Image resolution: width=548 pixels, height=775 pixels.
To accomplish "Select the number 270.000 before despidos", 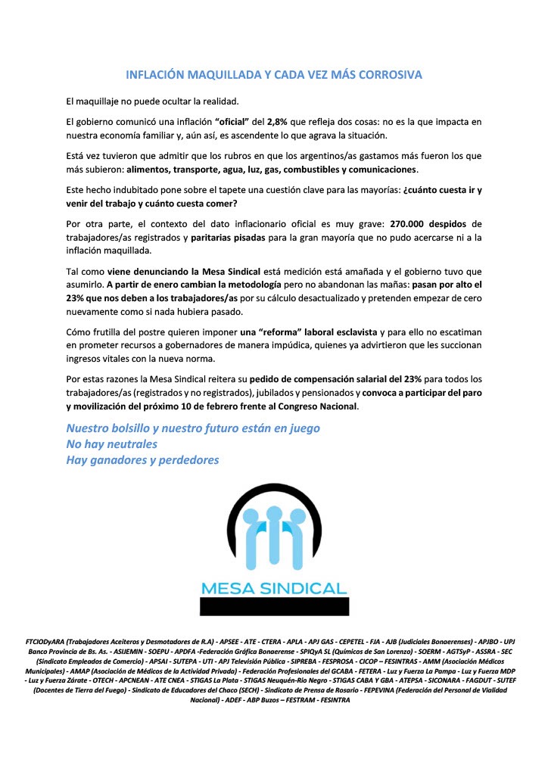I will [410, 225].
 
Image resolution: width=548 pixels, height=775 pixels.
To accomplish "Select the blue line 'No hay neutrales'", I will [112, 444].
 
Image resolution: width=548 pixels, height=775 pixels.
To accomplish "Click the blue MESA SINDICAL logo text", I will [274, 588].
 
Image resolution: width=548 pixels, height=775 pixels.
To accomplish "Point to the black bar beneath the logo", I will [274, 606].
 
